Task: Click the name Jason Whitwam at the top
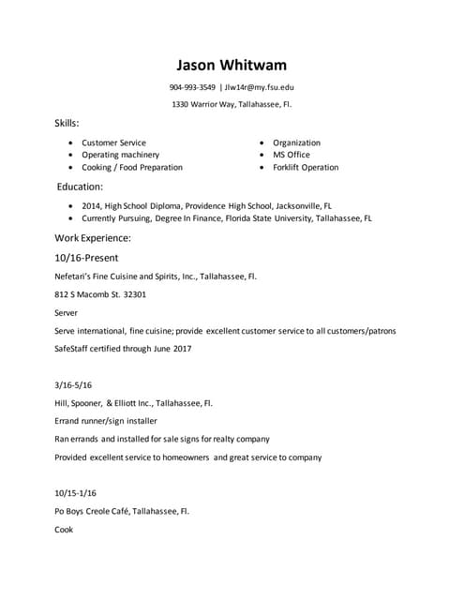(232, 65)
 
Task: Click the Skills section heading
(67, 124)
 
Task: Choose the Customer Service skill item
(113, 142)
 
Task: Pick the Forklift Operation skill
(306, 167)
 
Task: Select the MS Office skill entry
(291, 155)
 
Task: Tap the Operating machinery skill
(120, 155)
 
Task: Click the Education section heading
(80, 187)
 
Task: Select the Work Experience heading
(93, 238)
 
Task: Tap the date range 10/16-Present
(86, 258)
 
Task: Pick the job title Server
(67, 312)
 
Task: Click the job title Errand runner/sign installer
(106, 421)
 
